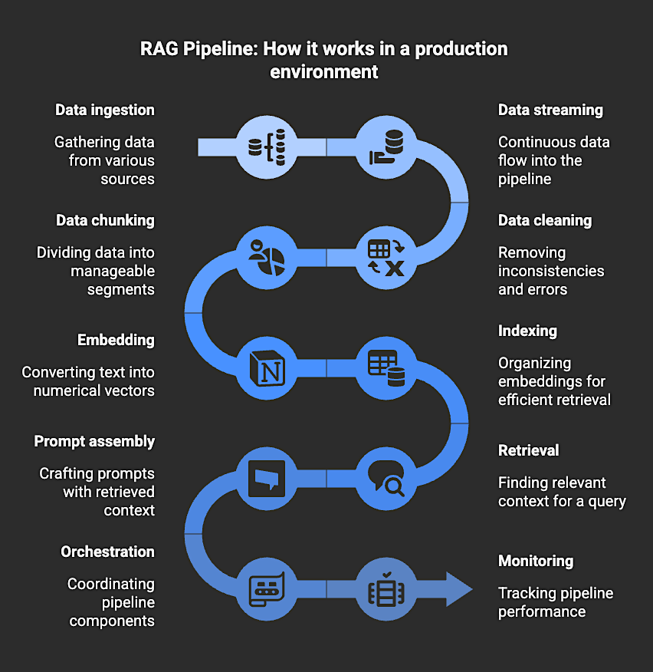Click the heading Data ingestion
pos(105,110)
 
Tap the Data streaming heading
pos(550,110)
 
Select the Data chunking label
pos(105,220)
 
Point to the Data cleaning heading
pos(545,220)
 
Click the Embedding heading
pos(116,340)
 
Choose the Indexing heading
pos(527,331)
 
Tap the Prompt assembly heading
pos(94,441)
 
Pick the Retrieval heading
pos(529,450)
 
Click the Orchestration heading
pos(107,552)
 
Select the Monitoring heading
pos(536,561)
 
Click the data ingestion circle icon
pos(267,147)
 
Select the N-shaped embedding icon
pos(267,367)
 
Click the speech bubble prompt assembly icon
pos(267,478)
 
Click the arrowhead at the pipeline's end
pos(458,588)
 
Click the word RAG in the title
pos(158,49)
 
